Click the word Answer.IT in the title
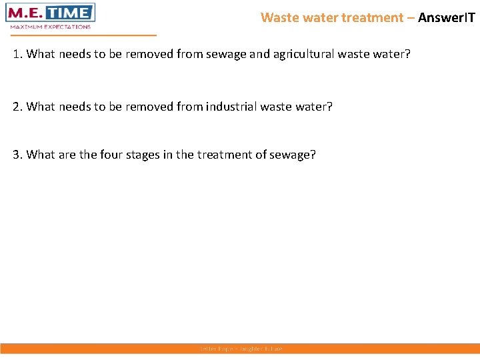click(x=446, y=17)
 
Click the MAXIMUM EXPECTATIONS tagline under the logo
click(x=51, y=27)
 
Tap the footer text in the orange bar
click(x=241, y=349)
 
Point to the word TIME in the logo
click(x=71, y=13)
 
